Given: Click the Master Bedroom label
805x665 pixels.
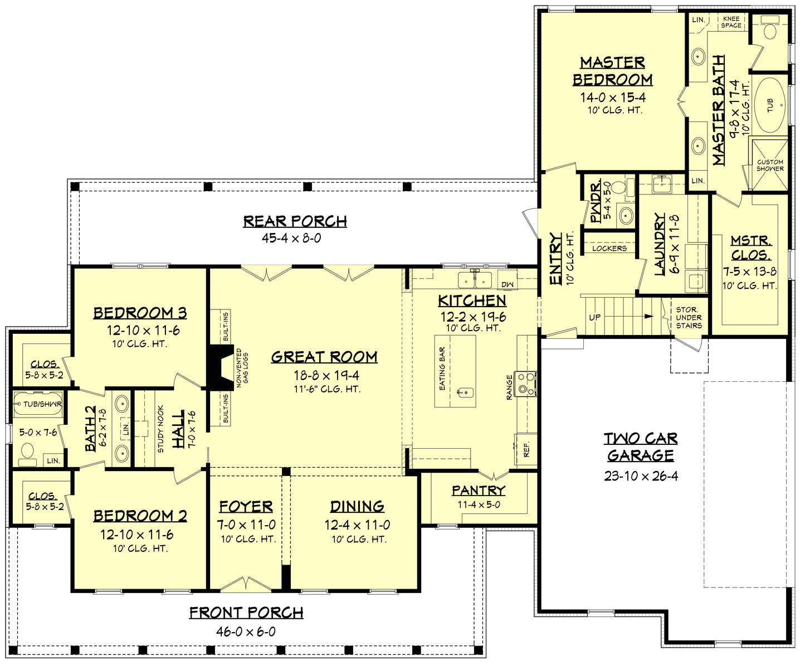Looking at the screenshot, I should (612, 71).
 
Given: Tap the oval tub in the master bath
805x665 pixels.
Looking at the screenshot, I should (770, 104).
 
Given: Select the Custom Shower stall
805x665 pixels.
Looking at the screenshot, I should (770, 165).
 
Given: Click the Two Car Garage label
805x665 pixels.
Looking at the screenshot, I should (641, 447).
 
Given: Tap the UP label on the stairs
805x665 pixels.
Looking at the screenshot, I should (595, 317).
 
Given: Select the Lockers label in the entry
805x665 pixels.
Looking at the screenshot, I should (609, 248).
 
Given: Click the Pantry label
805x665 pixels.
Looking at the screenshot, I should (478, 491).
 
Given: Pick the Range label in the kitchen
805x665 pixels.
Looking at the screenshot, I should (509, 387).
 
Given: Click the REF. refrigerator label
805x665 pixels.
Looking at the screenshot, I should (526, 450).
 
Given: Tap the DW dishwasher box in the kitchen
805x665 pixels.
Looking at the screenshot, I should (507, 284).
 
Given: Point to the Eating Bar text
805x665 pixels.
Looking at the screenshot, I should (442, 368).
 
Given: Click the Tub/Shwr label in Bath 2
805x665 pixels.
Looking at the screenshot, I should (42, 404).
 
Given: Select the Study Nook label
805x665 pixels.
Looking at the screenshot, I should (160, 428).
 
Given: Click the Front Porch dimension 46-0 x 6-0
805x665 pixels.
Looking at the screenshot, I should (246, 632).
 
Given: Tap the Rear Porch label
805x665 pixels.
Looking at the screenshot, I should (295, 221).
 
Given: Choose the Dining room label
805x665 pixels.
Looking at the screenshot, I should (357, 506).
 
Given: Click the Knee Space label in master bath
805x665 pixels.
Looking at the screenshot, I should (731, 22).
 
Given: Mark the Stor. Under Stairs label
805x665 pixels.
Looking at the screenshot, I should (689, 317).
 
